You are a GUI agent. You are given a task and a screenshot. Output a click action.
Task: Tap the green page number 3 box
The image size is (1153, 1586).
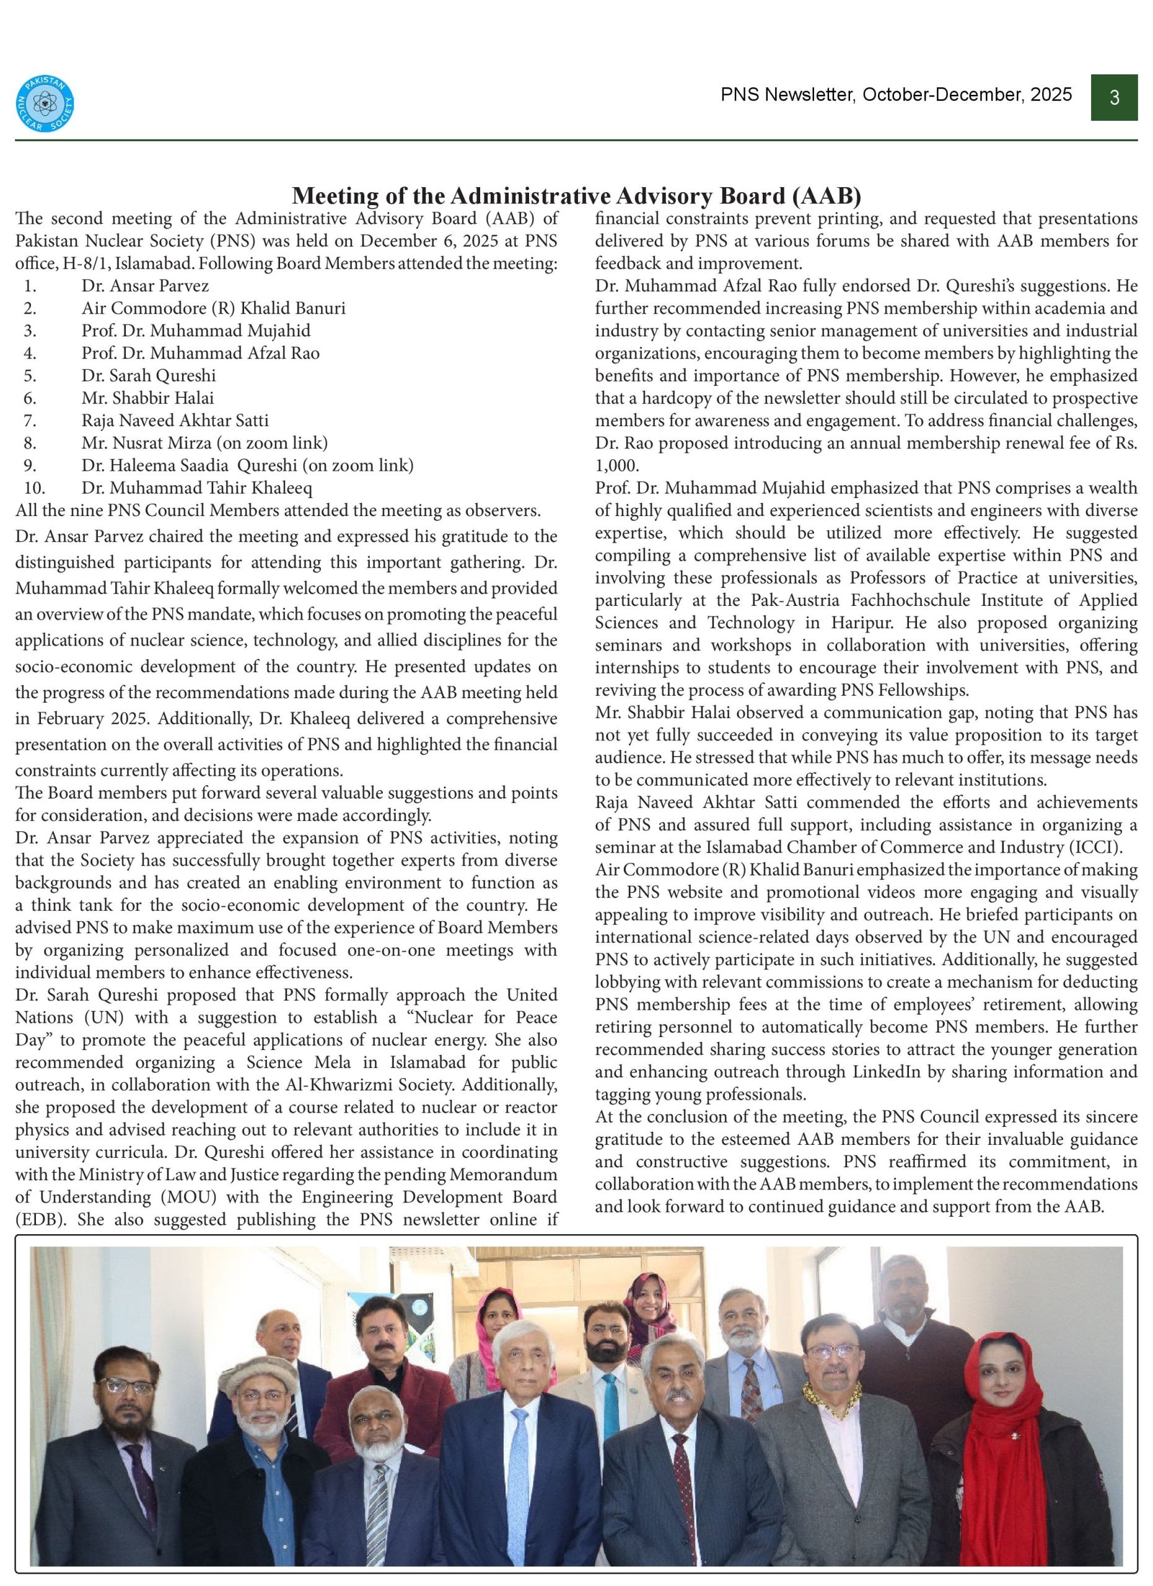pyautogui.click(x=1114, y=97)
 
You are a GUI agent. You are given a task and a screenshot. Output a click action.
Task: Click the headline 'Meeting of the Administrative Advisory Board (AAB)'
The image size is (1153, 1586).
pyautogui.click(x=576, y=195)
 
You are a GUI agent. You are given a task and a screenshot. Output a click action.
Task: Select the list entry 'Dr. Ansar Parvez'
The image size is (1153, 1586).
pyautogui.click(x=145, y=286)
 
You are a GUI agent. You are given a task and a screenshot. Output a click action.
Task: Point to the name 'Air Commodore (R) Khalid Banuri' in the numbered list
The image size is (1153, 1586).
pyautogui.click(x=213, y=308)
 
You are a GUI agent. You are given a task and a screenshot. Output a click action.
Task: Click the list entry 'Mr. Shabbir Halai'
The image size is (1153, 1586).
pyautogui.click(x=147, y=398)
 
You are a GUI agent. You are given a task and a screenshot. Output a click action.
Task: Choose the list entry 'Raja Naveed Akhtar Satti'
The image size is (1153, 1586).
pyautogui.click(x=175, y=420)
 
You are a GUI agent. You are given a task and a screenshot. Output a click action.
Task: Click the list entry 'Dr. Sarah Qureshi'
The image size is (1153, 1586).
pyautogui.click(x=148, y=375)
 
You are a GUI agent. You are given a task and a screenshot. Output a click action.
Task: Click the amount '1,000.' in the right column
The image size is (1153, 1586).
pyautogui.click(x=616, y=466)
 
